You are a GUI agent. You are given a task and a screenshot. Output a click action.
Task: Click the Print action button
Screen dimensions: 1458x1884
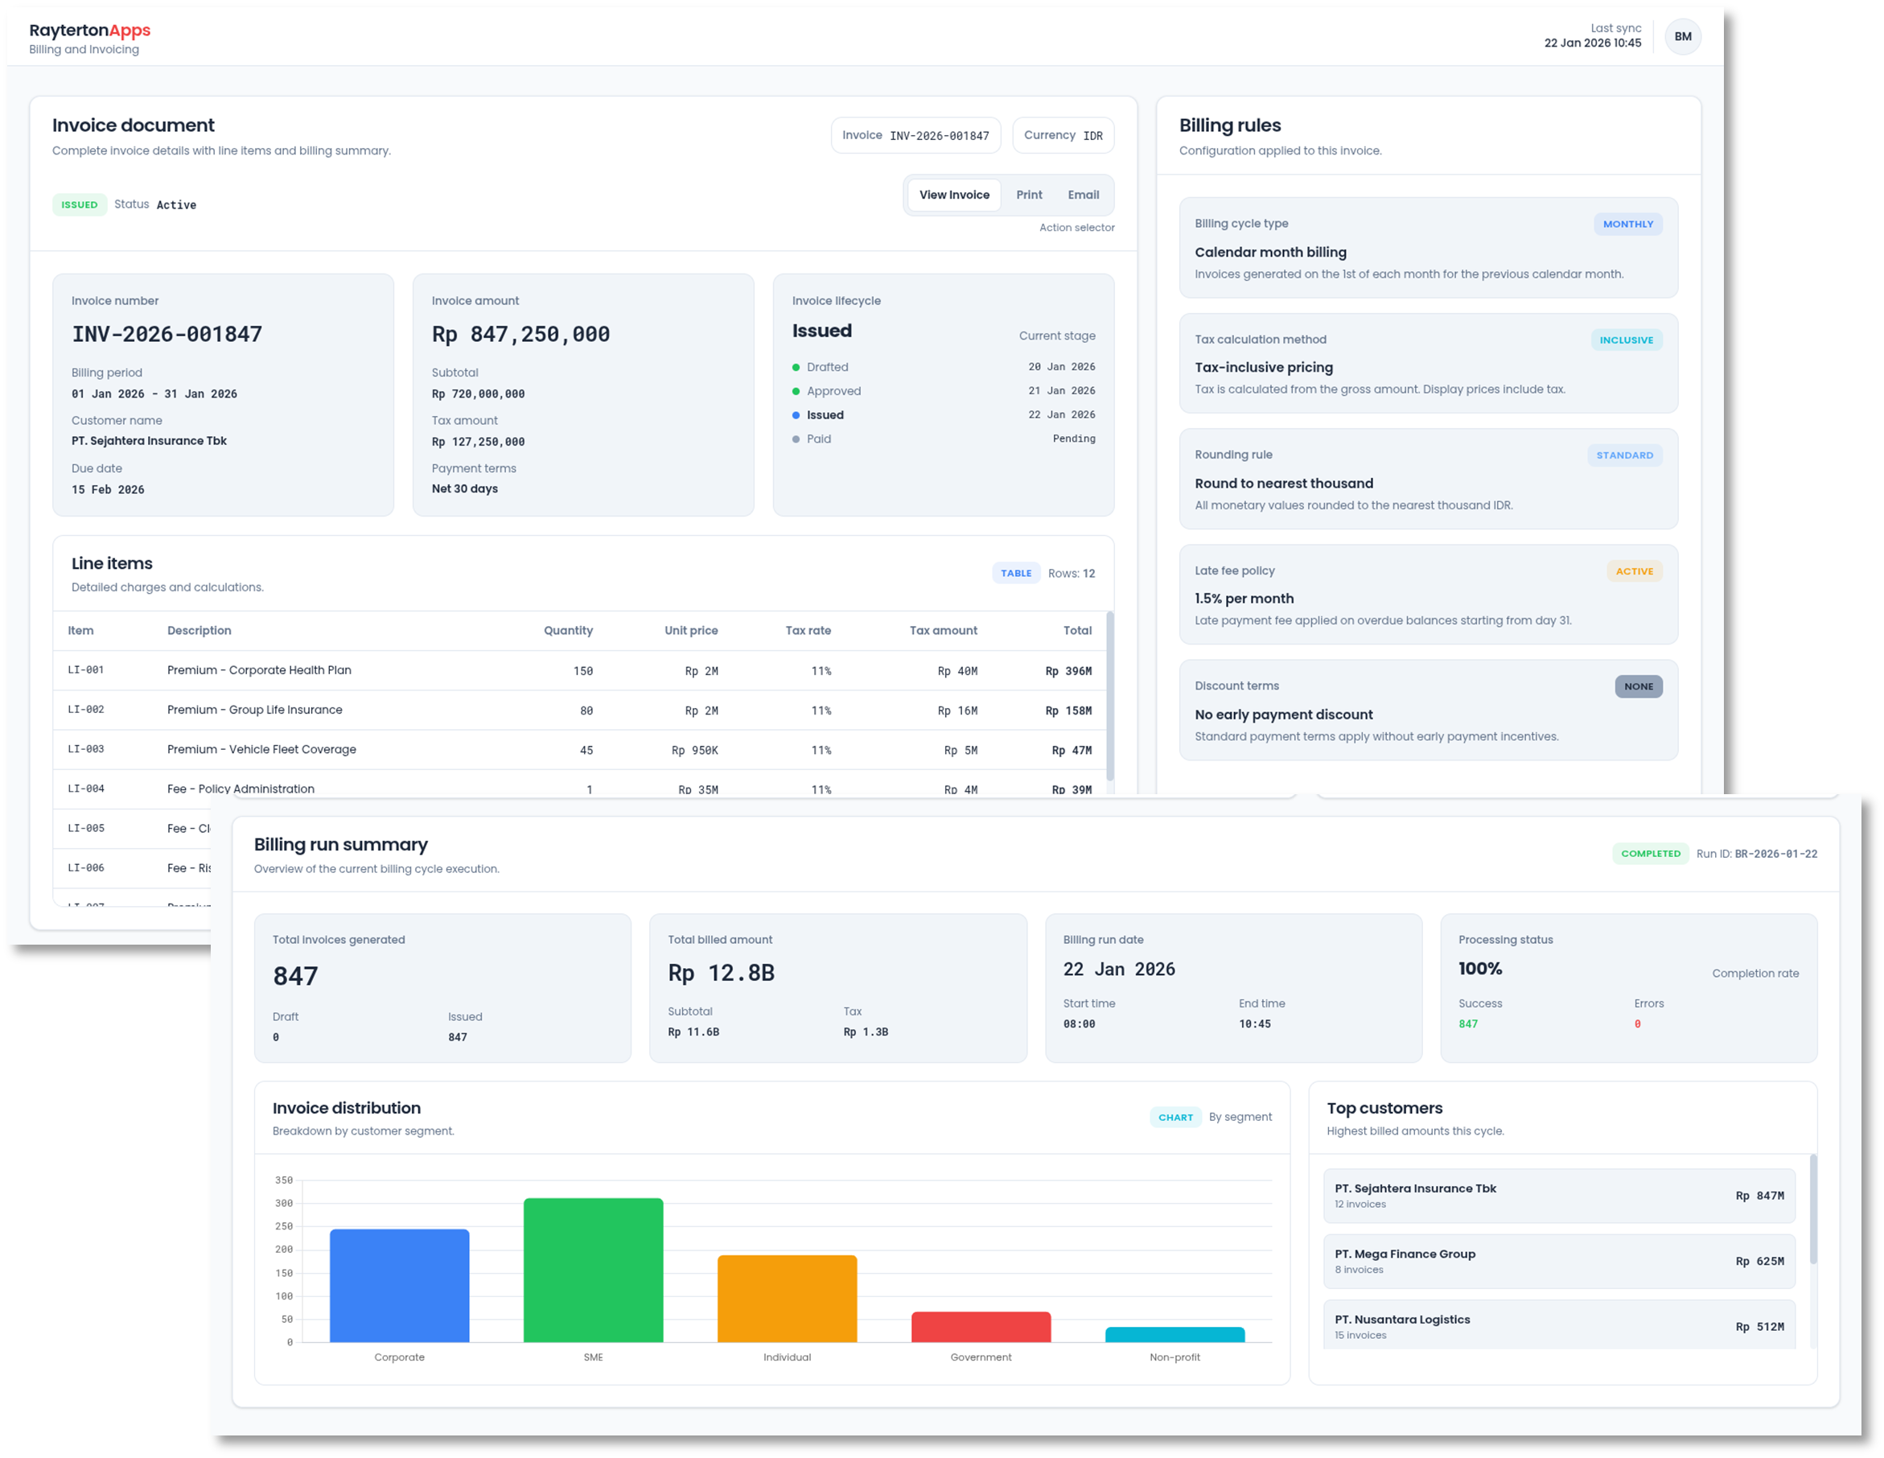[x=1028, y=195]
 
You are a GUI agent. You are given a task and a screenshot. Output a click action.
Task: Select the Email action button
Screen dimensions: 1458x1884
[x=1083, y=195]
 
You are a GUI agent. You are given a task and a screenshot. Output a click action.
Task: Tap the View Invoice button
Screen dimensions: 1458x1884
[x=954, y=195]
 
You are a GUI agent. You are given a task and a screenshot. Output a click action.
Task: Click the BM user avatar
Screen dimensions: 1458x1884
[x=1682, y=36]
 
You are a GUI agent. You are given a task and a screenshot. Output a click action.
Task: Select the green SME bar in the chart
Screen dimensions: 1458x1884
[x=593, y=1269]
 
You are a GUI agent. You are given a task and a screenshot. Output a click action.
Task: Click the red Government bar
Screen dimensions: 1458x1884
[x=981, y=1327]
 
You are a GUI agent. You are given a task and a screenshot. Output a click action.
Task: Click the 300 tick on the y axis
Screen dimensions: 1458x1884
[x=284, y=1203]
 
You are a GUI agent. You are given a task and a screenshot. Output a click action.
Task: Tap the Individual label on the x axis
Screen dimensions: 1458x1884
[x=787, y=1357]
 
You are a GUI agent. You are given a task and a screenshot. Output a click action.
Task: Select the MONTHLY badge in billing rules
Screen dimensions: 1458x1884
[x=1627, y=224]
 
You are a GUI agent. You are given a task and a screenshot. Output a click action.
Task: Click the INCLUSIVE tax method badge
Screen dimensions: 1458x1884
[x=1626, y=340]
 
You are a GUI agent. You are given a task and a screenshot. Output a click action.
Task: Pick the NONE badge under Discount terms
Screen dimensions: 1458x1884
[x=1638, y=686]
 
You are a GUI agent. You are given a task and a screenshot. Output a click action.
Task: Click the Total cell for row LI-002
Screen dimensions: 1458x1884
[x=1068, y=710]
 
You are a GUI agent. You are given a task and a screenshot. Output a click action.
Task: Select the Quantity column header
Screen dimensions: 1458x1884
[x=568, y=631]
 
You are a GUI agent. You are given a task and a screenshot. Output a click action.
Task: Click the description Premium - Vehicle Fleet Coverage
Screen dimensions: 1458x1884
[x=261, y=749]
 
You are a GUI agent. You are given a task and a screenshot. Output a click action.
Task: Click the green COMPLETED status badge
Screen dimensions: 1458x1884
[x=1650, y=853]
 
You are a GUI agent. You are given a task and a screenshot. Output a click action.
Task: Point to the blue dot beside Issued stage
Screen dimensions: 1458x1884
[x=796, y=415]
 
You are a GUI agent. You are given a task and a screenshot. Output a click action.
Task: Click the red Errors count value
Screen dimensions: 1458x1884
[x=1637, y=1024]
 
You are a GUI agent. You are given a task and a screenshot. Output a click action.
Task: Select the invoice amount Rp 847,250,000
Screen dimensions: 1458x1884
[x=520, y=334]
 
